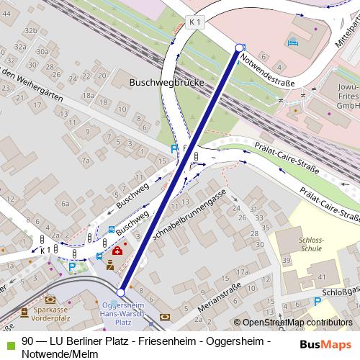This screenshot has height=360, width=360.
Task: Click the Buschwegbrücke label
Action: (166, 83)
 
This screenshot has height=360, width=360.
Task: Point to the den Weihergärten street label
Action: (32, 86)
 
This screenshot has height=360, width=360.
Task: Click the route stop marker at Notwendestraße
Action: (240, 48)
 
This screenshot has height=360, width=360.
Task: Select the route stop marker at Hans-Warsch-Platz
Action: (120, 292)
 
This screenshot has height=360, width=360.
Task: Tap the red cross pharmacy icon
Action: (117, 251)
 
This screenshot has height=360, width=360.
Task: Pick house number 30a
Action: (42, 53)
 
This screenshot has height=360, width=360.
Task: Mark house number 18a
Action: (89, 95)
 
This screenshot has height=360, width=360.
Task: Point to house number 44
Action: (6, 88)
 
